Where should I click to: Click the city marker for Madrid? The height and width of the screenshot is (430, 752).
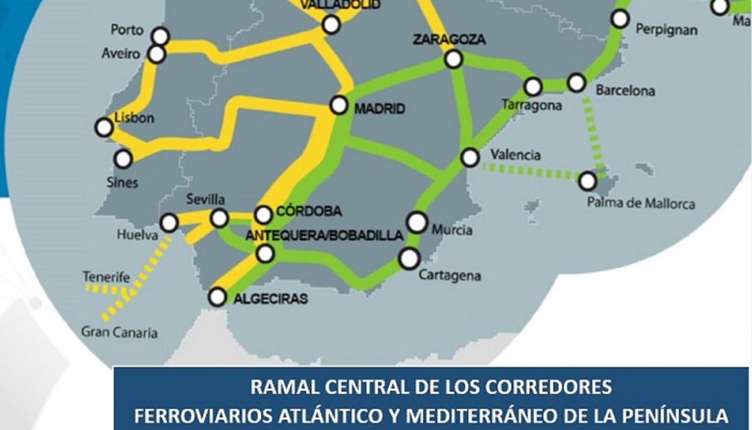tap(339, 105)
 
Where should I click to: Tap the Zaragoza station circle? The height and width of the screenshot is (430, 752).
tap(454, 60)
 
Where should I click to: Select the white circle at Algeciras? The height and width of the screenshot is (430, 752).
tap(218, 298)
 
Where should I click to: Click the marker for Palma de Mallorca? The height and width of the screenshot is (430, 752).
tap(588, 182)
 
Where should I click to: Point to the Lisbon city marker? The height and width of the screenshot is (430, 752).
tap(104, 127)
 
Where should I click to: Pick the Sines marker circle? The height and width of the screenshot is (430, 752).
tap(123, 159)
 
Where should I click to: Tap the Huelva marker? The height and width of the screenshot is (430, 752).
tap(169, 223)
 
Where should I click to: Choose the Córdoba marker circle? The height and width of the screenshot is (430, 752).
tap(263, 214)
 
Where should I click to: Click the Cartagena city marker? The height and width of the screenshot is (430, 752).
tap(409, 259)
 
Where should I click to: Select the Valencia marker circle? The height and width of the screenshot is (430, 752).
tap(471, 157)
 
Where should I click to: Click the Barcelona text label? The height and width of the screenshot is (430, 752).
tap(625, 91)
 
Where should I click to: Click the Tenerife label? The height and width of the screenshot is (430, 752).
tap(107, 276)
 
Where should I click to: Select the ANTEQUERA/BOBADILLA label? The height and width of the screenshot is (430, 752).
tap(324, 236)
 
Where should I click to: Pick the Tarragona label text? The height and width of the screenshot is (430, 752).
tap(531, 106)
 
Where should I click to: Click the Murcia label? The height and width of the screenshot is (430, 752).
tap(452, 230)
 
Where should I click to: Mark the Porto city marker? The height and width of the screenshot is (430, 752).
tap(162, 36)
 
